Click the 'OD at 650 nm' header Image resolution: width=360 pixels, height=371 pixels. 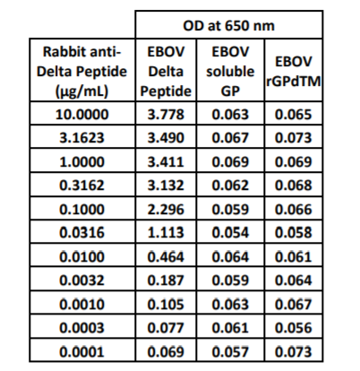click(x=228, y=26)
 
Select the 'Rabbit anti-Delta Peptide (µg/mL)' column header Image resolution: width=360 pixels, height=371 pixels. click(x=81, y=72)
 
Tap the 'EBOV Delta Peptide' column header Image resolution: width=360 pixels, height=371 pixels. click(x=166, y=72)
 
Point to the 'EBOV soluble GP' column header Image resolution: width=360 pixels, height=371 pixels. click(x=230, y=72)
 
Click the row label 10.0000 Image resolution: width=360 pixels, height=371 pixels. click(x=81, y=115)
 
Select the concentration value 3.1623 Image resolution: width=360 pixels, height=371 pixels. click(x=81, y=138)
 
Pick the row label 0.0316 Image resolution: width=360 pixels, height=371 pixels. click(x=81, y=232)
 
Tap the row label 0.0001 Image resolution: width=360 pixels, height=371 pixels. click(x=81, y=351)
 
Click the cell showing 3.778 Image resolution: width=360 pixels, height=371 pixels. click(x=166, y=115)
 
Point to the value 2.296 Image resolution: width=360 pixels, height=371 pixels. click(x=166, y=209)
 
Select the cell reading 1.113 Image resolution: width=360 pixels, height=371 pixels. click(x=166, y=232)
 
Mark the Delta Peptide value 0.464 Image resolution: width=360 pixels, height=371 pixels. click(x=166, y=256)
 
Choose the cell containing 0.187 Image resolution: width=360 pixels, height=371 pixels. click(x=166, y=280)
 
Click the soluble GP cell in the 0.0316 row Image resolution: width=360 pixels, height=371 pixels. click(x=230, y=232)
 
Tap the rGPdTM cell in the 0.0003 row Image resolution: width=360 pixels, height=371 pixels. click(x=294, y=328)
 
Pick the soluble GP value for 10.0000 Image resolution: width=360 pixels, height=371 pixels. click(x=230, y=115)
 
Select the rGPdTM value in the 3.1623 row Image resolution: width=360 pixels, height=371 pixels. click(x=294, y=138)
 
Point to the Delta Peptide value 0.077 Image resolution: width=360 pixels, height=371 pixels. click(x=166, y=328)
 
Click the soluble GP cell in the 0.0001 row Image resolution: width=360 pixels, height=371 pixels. click(x=230, y=351)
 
